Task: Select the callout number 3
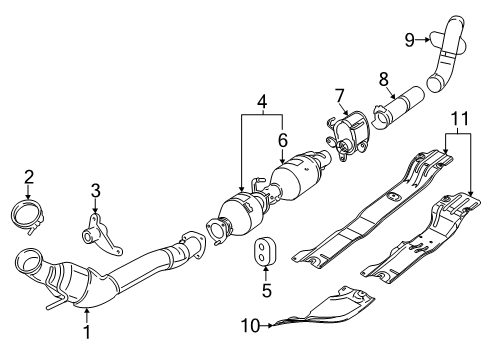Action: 96,189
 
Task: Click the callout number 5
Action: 265,291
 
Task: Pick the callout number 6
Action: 282,140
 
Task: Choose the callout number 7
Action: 339,96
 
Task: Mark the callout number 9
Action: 409,39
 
